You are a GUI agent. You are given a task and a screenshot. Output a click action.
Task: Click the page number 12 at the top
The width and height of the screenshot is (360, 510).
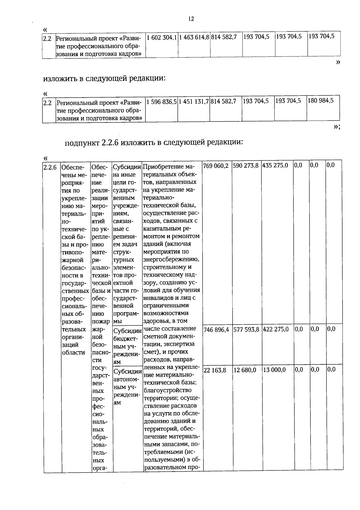(191, 19)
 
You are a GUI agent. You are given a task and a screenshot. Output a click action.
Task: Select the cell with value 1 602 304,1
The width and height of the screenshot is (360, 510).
(161, 38)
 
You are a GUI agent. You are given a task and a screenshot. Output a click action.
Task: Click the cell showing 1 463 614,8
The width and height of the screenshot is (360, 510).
(194, 38)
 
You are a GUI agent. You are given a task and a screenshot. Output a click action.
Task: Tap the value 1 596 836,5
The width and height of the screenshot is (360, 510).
(161, 101)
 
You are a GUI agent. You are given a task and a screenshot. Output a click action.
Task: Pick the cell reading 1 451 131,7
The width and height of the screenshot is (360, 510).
(193, 101)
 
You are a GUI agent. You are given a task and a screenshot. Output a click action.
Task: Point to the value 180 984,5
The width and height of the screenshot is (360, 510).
(321, 101)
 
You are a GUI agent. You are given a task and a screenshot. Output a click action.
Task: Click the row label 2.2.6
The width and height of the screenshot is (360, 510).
(50, 167)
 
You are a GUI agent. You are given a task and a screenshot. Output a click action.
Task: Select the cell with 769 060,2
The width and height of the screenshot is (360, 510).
(216, 166)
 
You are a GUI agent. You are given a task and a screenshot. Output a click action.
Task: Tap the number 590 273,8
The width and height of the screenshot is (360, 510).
(246, 166)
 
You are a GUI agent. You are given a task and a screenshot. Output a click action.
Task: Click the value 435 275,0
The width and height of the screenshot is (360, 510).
(275, 166)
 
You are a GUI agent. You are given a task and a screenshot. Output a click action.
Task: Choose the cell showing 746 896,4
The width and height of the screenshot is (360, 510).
(216, 330)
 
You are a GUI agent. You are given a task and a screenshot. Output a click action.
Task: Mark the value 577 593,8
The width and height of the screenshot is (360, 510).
(246, 330)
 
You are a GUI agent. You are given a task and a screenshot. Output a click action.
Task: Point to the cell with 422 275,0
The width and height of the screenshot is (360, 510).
(276, 329)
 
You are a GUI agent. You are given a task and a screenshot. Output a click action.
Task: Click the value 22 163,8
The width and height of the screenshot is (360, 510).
(215, 370)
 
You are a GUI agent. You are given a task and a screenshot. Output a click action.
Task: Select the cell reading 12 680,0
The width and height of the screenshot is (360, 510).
(245, 370)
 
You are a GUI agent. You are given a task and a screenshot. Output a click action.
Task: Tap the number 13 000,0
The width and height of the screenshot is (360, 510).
(274, 370)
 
